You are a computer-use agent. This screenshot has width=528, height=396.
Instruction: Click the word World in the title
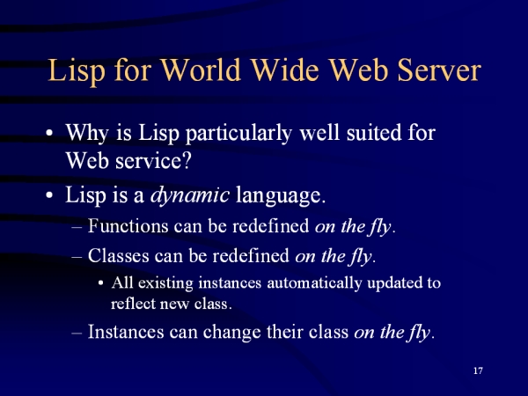201,70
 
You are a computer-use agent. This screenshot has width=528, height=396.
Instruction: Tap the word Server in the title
439,70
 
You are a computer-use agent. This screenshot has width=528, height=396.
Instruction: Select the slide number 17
478,370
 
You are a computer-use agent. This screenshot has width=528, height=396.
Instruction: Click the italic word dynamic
190,194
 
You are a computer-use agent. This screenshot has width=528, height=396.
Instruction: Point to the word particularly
238,133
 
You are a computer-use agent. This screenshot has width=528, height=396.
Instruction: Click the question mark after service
187,160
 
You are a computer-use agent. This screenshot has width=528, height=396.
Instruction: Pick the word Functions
128,225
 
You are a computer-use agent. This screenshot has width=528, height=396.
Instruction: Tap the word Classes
118,255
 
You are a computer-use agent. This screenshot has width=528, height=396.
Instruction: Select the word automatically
314,282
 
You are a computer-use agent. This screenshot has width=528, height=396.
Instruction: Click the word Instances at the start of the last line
126,332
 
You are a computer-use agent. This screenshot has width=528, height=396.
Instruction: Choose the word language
281,195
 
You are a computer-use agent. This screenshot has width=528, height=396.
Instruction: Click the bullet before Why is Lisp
49,133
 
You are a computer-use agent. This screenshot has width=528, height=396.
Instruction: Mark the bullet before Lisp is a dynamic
49,195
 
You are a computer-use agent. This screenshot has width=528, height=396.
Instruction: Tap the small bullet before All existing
100,283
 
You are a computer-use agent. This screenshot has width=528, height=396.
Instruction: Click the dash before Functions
77,227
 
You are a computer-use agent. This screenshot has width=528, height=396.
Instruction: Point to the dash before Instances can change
77,333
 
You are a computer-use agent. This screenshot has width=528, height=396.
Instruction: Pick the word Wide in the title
285,70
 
